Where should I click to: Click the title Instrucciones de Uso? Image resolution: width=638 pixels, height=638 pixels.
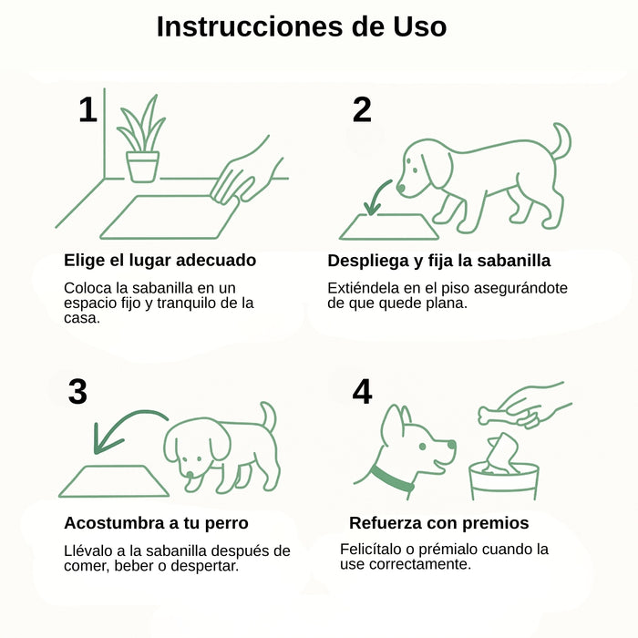coord(302,26)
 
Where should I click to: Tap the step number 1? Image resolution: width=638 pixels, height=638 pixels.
coord(87,109)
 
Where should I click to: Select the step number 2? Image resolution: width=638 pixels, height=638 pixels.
coord(362,109)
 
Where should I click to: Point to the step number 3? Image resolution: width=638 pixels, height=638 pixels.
coord(77,392)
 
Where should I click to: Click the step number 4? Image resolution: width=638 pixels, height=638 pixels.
coord(362,392)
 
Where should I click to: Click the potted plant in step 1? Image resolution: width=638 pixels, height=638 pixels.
coord(142,141)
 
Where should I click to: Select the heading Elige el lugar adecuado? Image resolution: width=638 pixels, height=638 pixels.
coord(159,261)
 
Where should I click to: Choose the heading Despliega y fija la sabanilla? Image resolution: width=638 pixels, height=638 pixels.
coord(438,261)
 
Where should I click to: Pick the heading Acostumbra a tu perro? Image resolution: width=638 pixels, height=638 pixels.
coord(156,523)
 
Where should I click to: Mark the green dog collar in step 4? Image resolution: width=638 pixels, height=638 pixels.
coord(392,478)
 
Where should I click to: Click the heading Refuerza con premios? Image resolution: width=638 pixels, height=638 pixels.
coord(438,523)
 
